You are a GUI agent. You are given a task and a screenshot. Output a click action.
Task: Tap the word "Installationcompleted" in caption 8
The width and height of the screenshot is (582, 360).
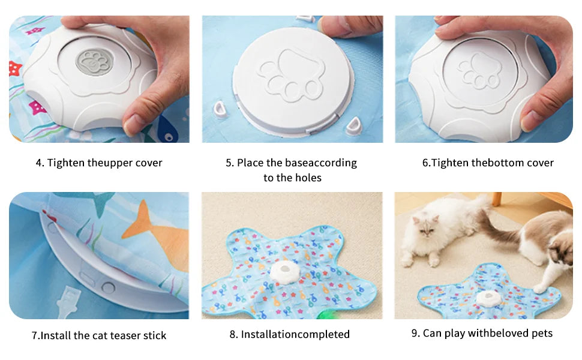pyautogui.click(x=295, y=334)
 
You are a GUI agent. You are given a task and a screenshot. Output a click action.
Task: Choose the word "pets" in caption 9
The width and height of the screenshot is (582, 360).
pyautogui.click(x=542, y=334)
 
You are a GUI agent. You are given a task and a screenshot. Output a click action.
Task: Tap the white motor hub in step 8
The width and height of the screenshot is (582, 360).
pyautogui.click(x=284, y=272)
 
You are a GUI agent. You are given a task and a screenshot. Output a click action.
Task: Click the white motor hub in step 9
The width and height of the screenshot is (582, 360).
pyautogui.click(x=488, y=299)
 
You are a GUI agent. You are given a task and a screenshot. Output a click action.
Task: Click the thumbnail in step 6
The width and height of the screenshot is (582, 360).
pyautogui.click(x=531, y=119)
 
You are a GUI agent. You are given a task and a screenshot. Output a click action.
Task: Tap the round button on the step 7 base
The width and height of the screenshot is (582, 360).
pyautogui.click(x=108, y=287)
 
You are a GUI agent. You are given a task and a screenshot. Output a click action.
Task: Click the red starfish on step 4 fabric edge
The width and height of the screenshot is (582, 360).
pyautogui.click(x=15, y=68)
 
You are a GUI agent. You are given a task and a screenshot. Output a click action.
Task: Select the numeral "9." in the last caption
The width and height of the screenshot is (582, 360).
pyautogui.click(x=415, y=333)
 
